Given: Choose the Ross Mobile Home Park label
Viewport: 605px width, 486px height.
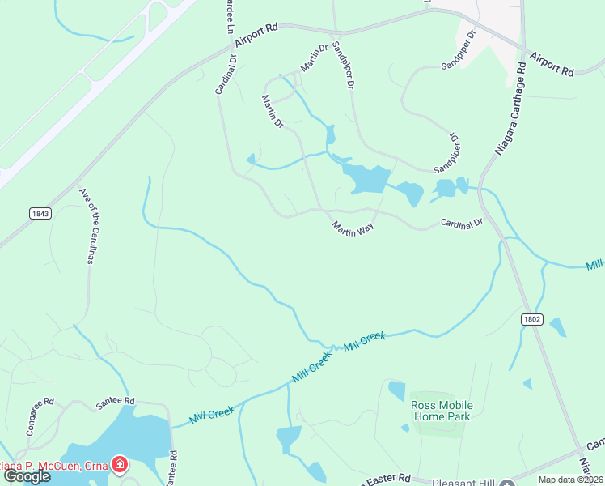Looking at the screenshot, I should pos(442,411).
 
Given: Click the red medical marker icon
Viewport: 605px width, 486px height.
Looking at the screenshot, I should pos(120,464).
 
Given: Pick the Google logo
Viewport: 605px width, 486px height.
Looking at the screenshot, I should pos(27,476).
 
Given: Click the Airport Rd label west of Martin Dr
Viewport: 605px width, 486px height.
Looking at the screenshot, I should pos(256,37).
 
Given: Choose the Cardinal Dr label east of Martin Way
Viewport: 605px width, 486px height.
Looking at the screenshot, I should pos(461,222).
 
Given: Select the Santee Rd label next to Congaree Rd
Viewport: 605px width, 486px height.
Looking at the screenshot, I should pos(115,401).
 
